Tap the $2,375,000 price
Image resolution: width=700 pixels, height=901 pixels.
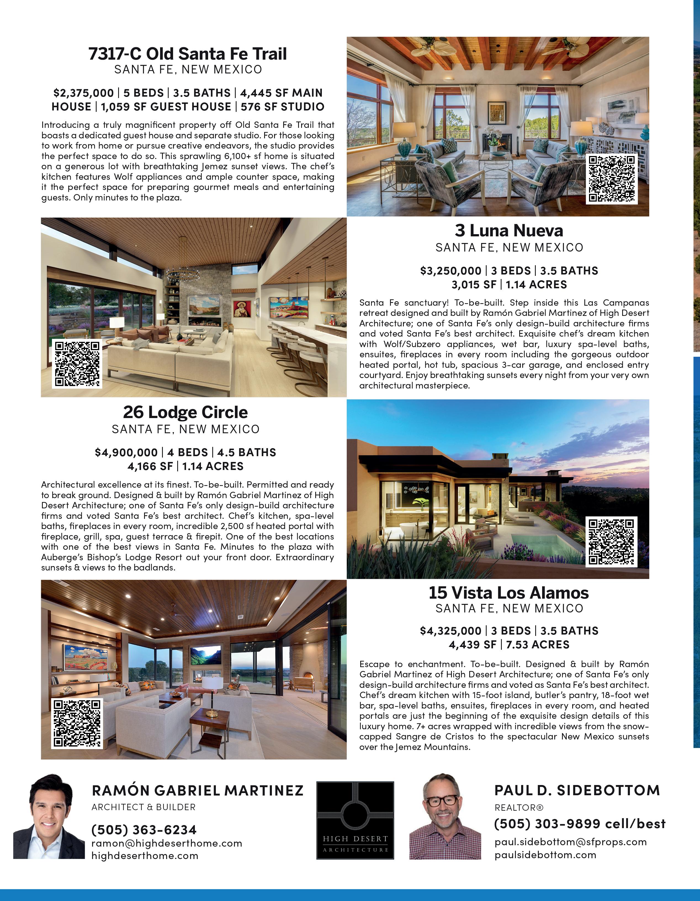click(83, 93)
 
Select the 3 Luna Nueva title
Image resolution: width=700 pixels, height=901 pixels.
click(509, 231)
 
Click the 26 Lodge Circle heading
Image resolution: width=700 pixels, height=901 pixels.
click(185, 412)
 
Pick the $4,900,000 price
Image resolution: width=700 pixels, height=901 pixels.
click(126, 453)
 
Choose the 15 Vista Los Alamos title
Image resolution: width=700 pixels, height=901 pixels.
click(509, 593)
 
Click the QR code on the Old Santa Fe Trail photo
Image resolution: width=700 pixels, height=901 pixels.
click(612, 179)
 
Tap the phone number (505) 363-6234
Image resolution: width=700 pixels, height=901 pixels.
click(144, 830)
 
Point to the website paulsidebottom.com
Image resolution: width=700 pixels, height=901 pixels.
click(545, 855)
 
